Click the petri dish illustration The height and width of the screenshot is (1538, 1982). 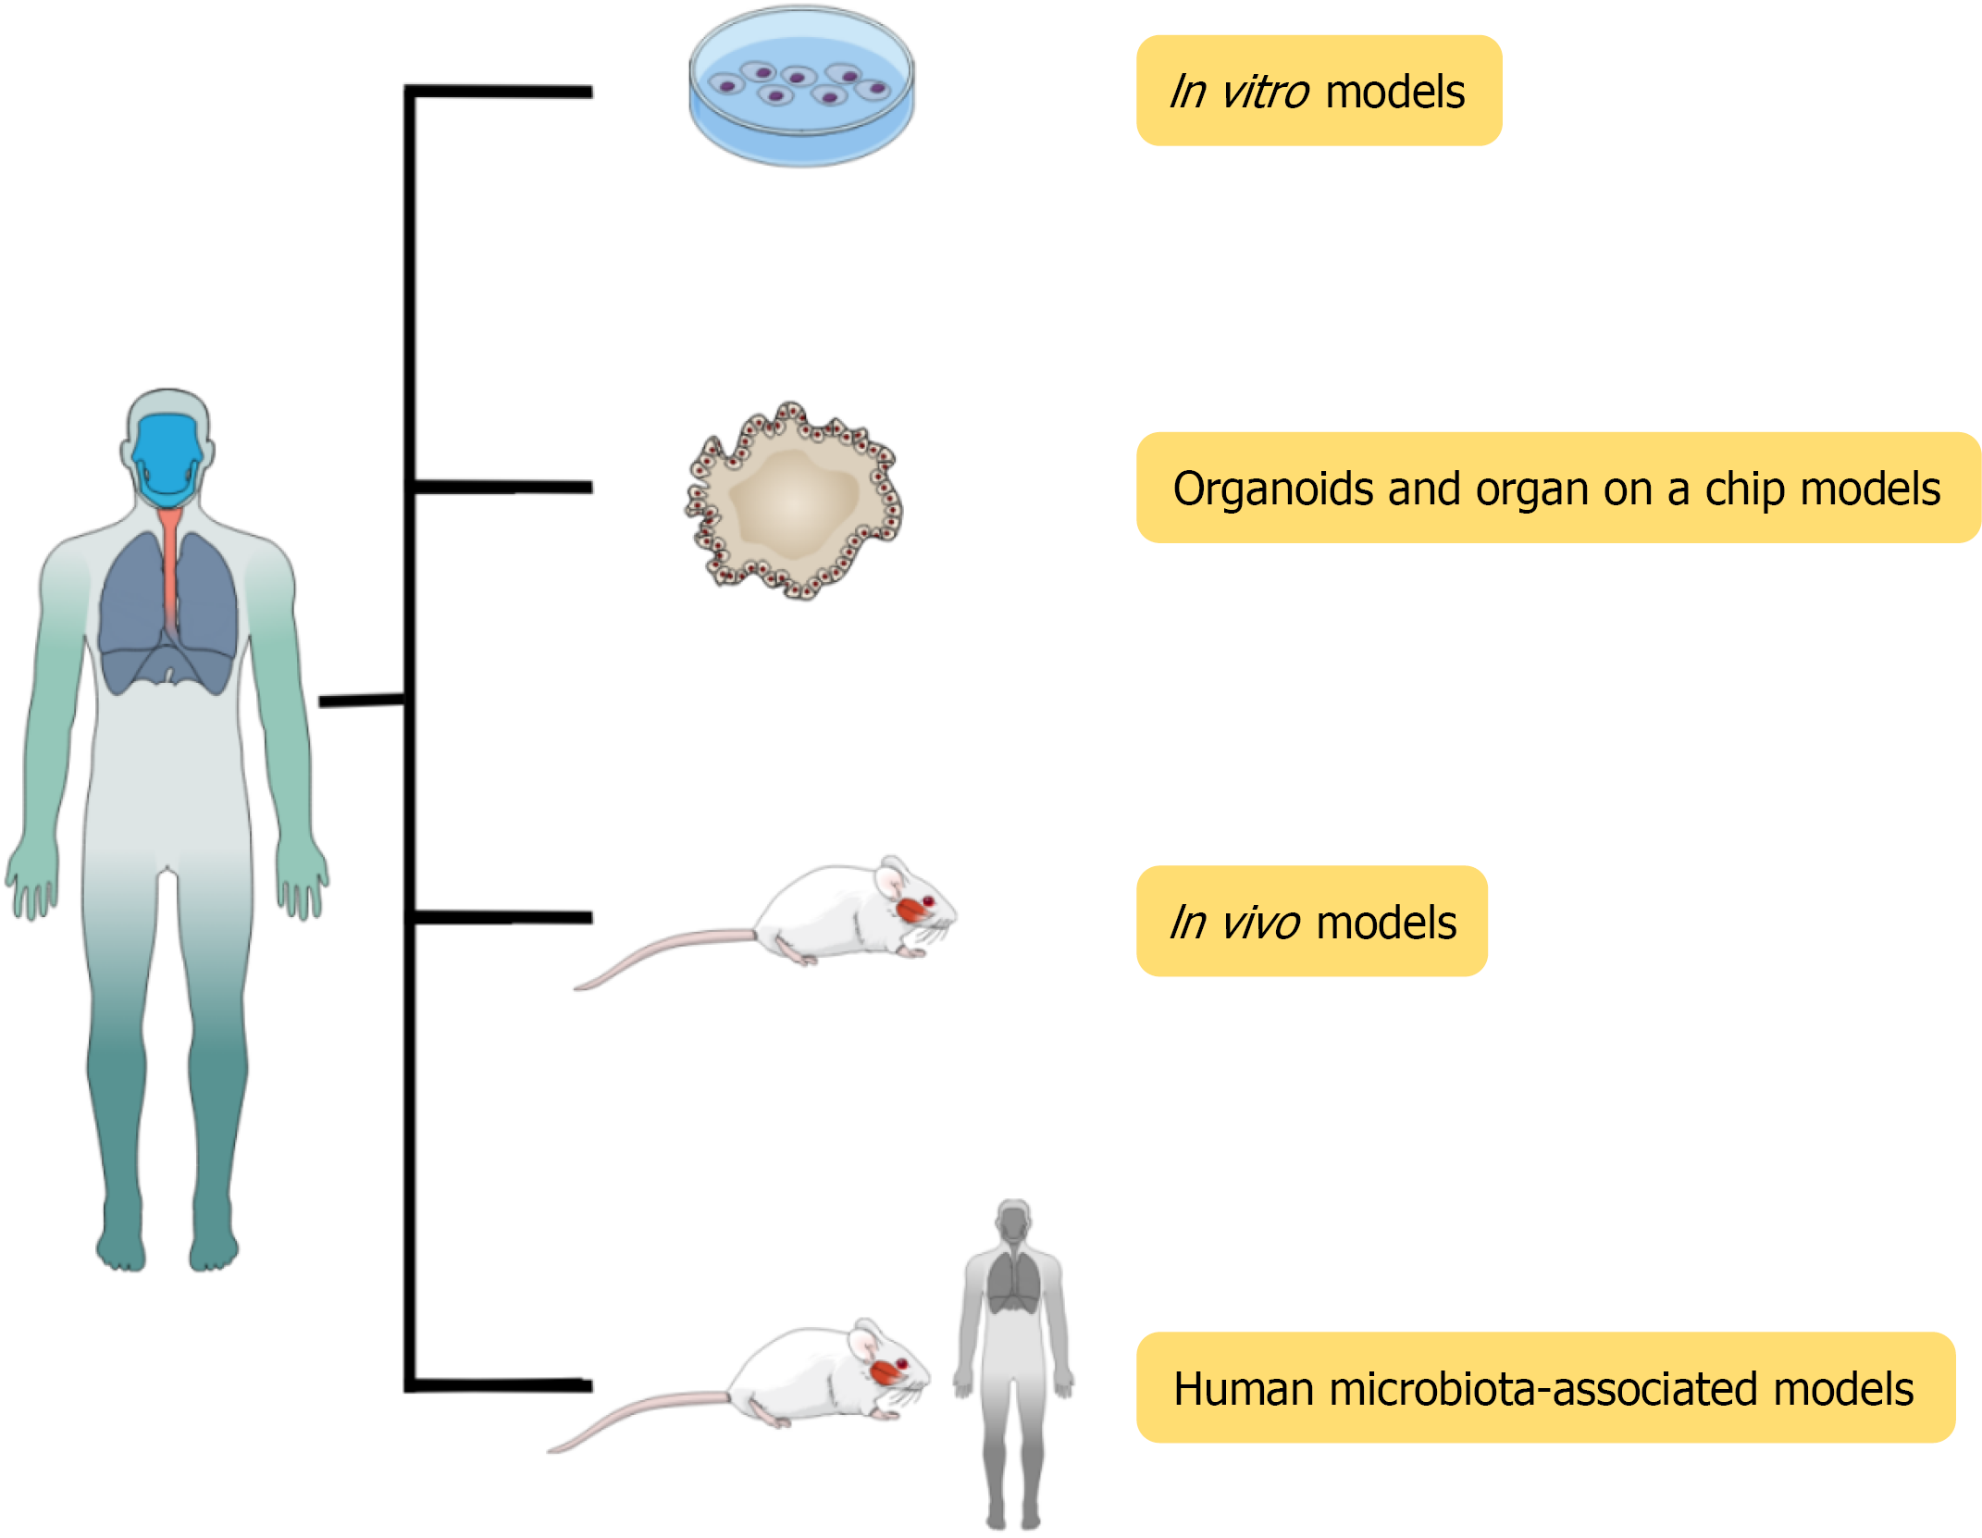pyautogui.click(x=801, y=88)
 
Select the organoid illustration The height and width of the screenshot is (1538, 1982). pyautogui.click(x=794, y=501)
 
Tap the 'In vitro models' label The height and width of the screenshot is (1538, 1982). pyautogui.click(x=1318, y=92)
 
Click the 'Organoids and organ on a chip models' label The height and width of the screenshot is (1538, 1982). pyautogui.click(x=1556, y=489)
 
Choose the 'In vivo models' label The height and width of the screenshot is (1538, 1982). pyautogui.click(x=1311, y=922)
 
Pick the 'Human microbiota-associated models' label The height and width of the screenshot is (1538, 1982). pyautogui.click(x=1544, y=1388)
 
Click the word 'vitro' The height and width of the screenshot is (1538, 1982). pyautogui.click(x=1265, y=92)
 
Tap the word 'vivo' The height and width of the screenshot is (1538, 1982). pyautogui.click(x=1260, y=923)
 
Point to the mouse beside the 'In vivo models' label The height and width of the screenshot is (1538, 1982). pyautogui.click(x=833, y=916)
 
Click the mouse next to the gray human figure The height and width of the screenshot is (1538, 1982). pyautogui.click(x=805, y=1379)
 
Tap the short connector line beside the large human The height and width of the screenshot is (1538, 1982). pyautogui.click(x=361, y=701)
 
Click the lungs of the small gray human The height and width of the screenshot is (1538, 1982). pyautogui.click(x=1014, y=1282)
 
